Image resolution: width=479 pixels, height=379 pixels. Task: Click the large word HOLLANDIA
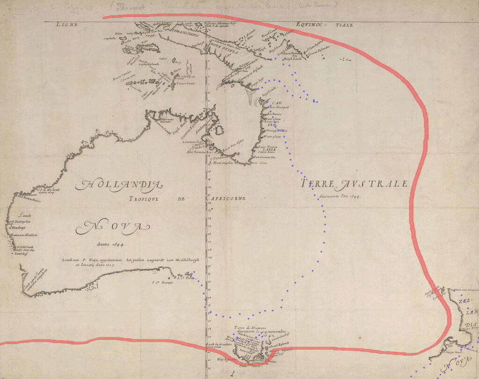pos(119,186)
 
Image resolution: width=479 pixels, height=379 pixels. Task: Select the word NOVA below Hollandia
pos(110,228)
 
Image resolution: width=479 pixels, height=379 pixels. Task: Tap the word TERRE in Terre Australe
pos(319,184)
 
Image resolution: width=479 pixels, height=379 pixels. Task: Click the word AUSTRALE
pos(374,184)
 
